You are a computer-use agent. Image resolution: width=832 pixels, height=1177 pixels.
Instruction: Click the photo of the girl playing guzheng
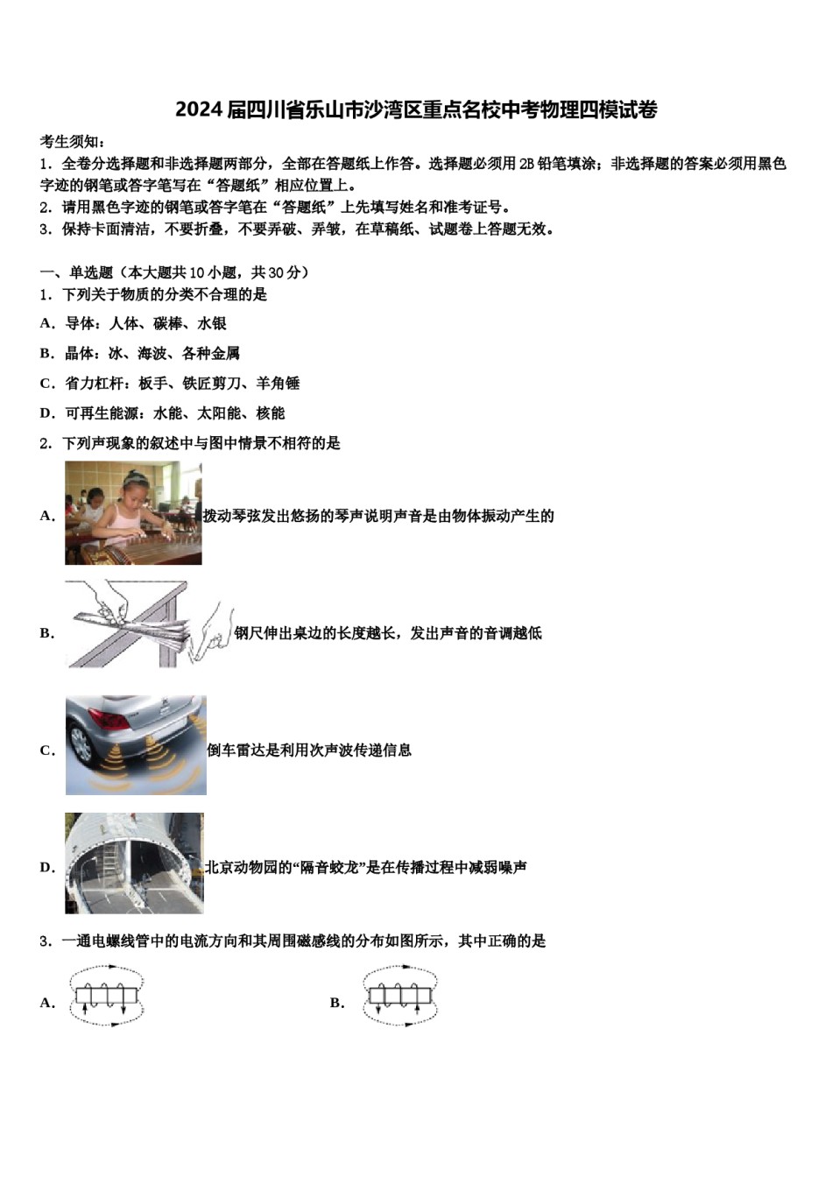click(133, 513)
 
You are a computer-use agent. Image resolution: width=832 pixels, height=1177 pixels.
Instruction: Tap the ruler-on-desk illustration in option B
click(145, 624)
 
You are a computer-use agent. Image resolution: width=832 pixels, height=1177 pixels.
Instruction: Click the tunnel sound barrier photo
click(134, 863)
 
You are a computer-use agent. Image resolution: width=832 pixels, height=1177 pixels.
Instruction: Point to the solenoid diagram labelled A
click(106, 996)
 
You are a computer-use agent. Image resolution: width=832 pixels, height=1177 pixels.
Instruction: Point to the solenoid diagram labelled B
click(399, 996)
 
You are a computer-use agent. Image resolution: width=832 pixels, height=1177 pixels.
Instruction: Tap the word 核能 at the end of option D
click(271, 413)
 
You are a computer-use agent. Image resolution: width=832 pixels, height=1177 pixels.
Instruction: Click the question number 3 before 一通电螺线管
click(44, 941)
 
